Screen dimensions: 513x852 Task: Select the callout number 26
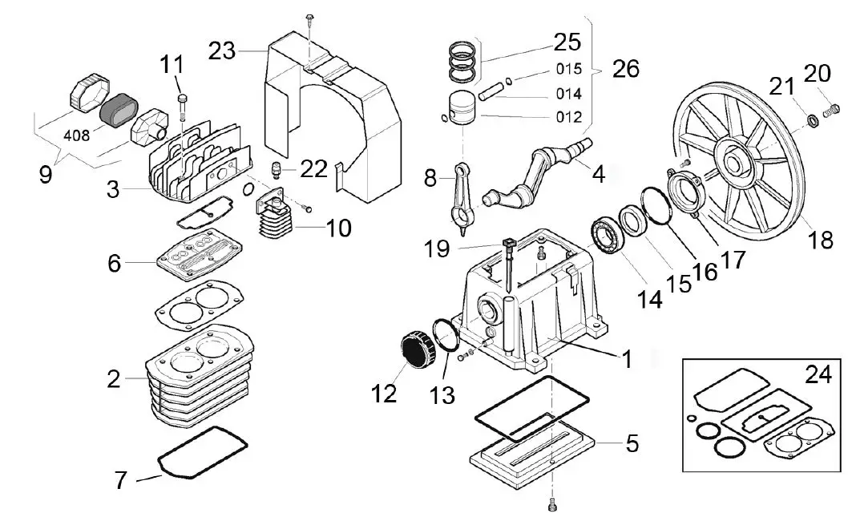(626, 69)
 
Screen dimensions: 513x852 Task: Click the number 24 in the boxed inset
(818, 373)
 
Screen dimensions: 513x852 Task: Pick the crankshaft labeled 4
(535, 173)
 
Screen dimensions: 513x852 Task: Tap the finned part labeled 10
(276, 220)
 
